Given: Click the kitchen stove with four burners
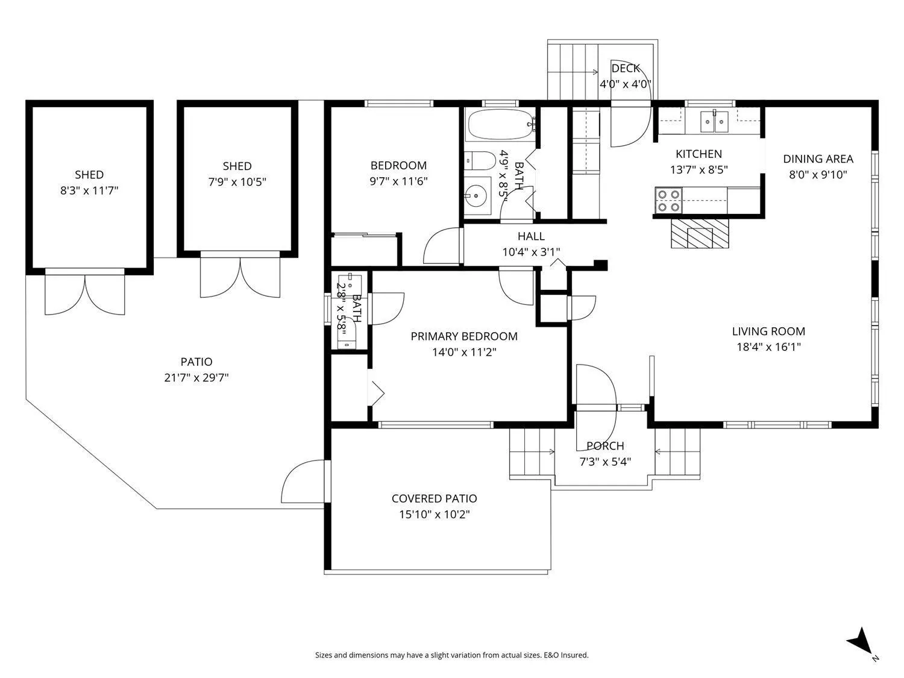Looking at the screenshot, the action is point(668,201).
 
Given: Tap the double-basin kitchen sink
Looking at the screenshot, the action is point(714,122).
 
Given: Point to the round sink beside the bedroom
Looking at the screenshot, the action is point(477,195).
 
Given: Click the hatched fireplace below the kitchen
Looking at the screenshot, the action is point(699,233).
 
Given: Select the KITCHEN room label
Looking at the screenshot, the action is point(698,154).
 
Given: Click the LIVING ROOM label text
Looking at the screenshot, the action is point(768,331).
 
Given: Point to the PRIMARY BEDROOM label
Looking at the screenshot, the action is point(463,336).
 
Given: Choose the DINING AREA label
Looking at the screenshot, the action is point(818,159).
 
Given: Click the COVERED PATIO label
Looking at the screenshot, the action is point(434,498).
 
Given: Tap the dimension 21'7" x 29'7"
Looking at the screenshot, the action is point(196,377).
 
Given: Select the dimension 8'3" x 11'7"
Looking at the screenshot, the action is point(89,190).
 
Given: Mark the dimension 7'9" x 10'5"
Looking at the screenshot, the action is point(237,181).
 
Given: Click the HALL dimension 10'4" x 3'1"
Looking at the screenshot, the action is point(531,251).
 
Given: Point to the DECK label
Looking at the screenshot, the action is point(626,68).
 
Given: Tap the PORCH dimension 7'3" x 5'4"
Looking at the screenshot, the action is point(605,462).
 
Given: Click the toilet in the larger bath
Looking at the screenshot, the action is point(480,160).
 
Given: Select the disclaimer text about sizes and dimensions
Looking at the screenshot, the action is point(452,655).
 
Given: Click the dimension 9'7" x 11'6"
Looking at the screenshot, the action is point(398,181).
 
